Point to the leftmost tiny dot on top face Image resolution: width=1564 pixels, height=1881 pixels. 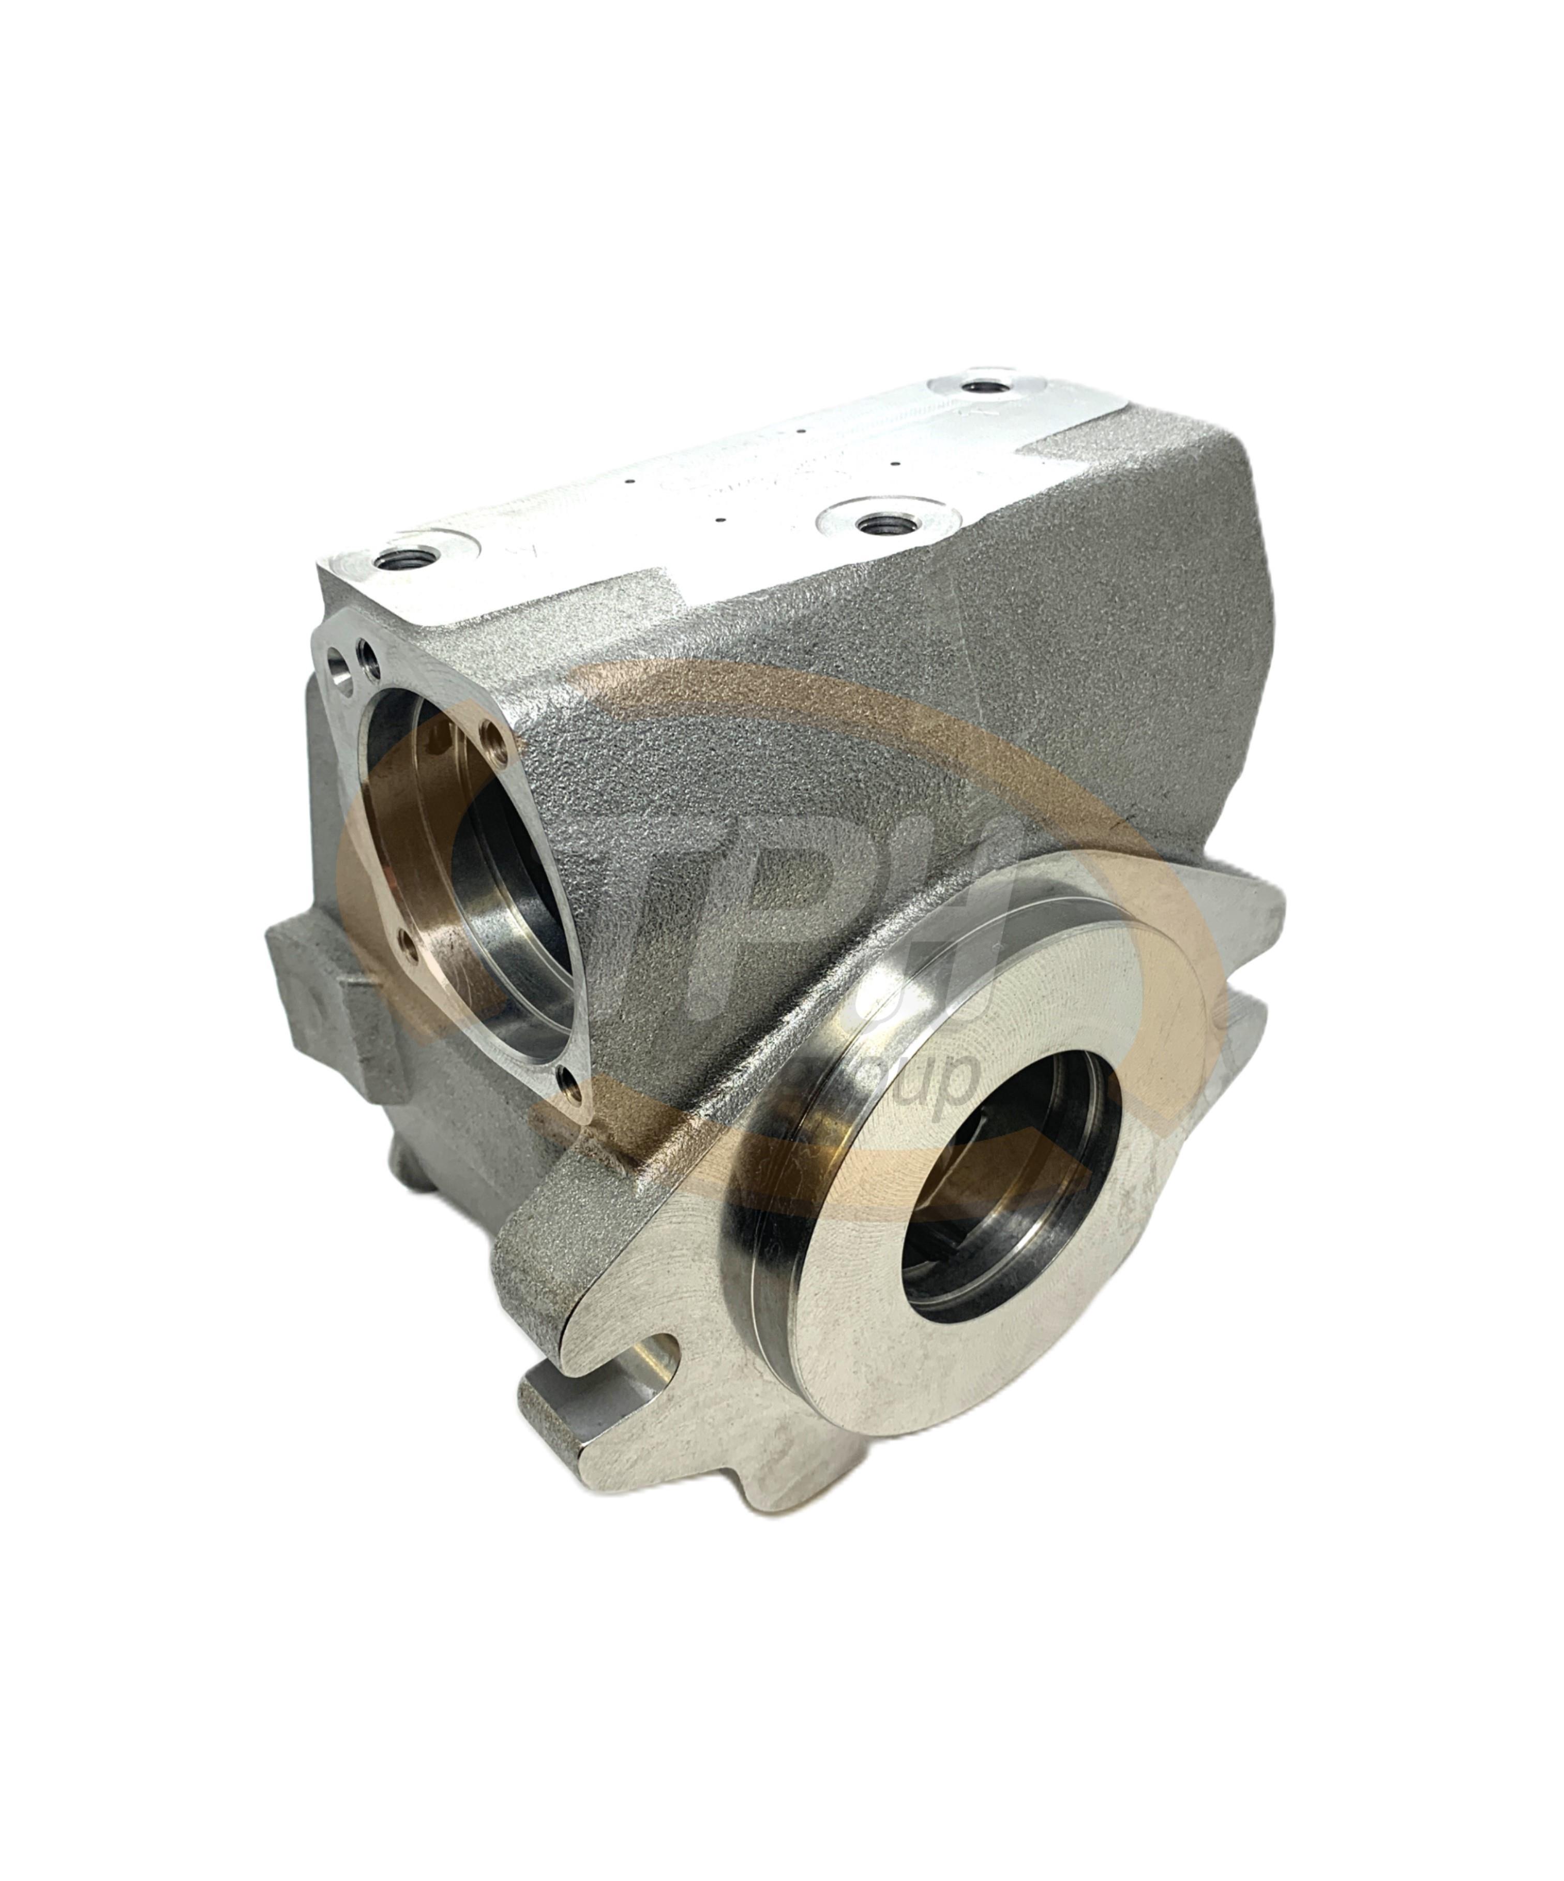(x=631, y=482)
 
